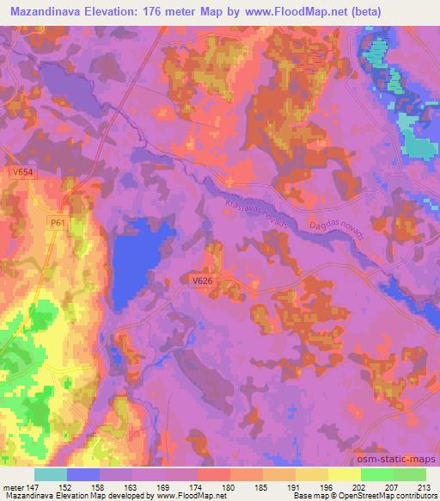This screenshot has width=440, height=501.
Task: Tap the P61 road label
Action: coord(58,223)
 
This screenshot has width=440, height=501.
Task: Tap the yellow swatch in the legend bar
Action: coord(344,474)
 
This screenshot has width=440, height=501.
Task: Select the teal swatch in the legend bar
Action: coord(51,474)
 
